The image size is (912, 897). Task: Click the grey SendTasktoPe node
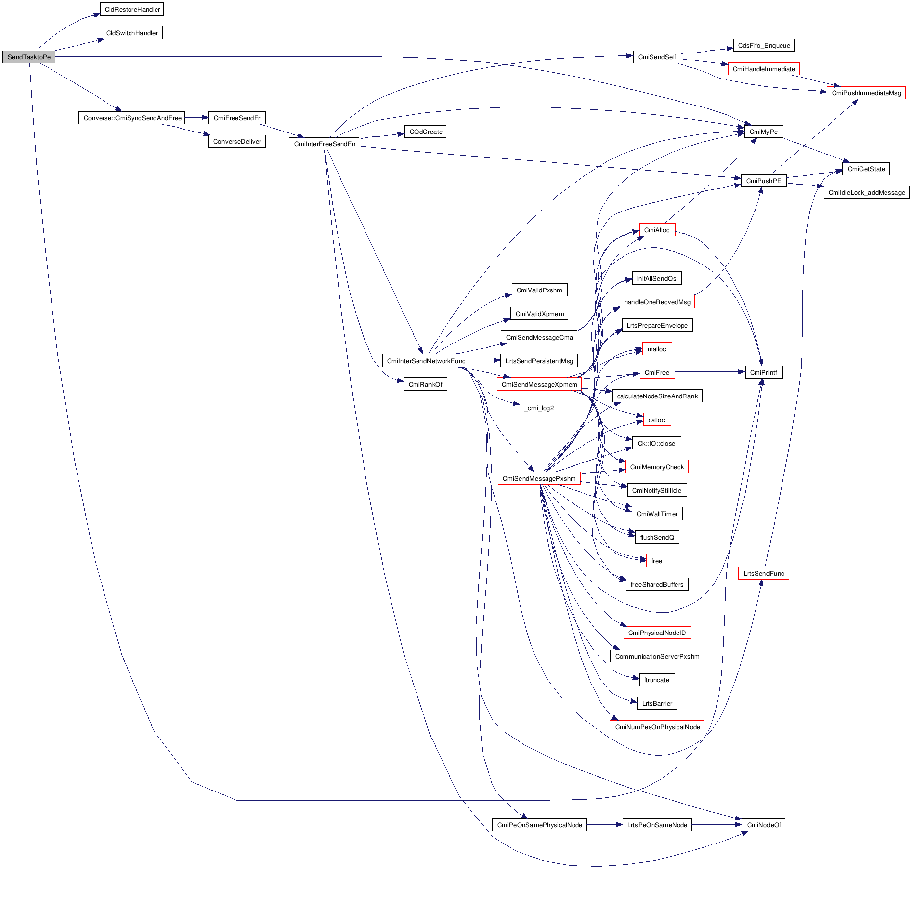(29, 57)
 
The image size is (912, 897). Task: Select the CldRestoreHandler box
(132, 9)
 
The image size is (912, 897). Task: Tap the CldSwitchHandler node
(132, 33)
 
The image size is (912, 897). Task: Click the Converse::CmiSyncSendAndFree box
(132, 118)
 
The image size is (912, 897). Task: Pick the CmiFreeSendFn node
(237, 118)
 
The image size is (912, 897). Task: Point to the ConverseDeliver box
(237, 141)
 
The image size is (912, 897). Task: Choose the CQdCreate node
(425, 132)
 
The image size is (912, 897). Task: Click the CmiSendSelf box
(657, 57)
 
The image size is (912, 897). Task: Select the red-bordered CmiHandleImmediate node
(764, 69)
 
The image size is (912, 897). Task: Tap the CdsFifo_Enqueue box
(764, 45)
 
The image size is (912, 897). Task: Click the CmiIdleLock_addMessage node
(866, 192)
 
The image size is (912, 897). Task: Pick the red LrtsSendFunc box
(763, 573)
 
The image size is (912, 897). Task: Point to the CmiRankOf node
(425, 384)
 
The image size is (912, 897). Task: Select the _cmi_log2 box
(539, 408)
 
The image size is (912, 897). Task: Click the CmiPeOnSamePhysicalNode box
(539, 825)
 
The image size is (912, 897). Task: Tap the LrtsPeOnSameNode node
(657, 825)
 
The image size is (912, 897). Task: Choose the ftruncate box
(657, 680)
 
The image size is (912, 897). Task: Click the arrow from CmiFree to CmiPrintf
(709, 372)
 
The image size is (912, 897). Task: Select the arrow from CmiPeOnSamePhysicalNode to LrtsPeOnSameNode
(604, 825)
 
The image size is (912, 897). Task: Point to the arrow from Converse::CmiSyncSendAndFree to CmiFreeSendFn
(197, 118)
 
